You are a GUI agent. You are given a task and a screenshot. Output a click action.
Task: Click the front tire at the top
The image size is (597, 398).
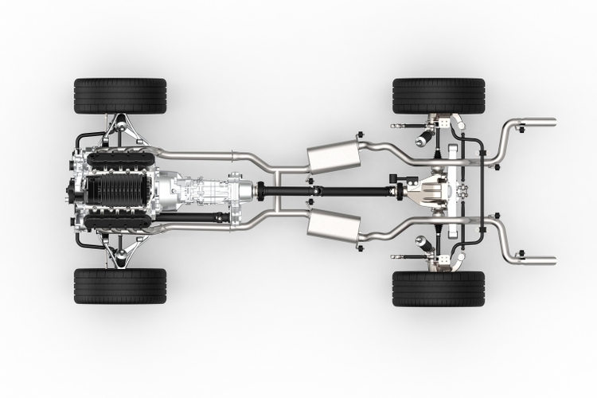click(120, 95)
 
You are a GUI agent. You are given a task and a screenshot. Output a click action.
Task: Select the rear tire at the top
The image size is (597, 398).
click(439, 95)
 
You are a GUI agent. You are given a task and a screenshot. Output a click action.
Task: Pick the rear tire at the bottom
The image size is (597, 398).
click(439, 289)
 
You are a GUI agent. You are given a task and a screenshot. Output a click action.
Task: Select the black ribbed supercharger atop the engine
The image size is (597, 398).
click(111, 191)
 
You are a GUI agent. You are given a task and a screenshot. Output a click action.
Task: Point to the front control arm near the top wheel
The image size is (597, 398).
click(119, 127)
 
